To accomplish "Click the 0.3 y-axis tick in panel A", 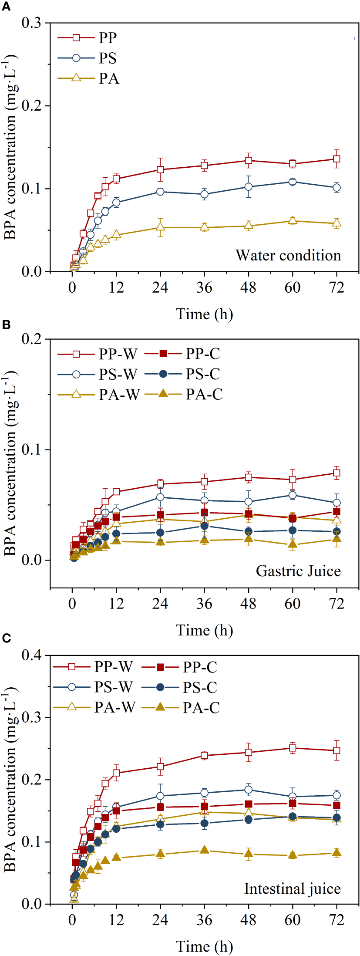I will [31, 23].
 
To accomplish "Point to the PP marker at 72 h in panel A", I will [336, 159].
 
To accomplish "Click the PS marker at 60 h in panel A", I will [293, 182].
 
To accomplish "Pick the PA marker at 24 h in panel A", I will [160, 227].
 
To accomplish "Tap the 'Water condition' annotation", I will [288, 255].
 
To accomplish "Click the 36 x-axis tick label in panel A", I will [204, 287].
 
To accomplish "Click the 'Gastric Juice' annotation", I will [298, 571].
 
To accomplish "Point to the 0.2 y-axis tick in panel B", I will [31, 339].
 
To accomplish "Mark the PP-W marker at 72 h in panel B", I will [336, 473].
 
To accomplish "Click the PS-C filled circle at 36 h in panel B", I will [204, 526].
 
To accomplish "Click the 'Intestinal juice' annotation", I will [292, 888].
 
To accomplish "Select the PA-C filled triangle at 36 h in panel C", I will [204, 850].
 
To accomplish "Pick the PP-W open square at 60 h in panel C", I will [293, 748].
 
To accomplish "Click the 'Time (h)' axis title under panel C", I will [204, 946].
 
